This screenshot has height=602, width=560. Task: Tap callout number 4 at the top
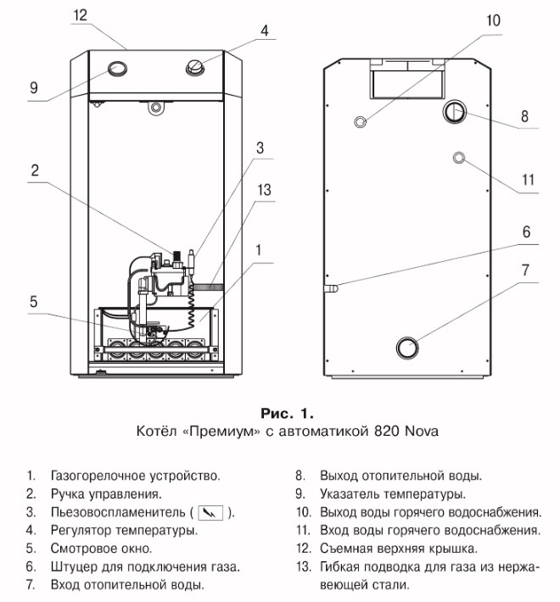266,31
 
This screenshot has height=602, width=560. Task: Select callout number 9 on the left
34,87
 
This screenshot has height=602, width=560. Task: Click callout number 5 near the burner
34,301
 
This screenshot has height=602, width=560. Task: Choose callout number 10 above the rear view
494,19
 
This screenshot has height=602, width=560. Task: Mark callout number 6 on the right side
526,231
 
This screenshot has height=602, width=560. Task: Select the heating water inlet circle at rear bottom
409,347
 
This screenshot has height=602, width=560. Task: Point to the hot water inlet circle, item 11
459,158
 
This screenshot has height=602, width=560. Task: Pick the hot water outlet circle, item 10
362,121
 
